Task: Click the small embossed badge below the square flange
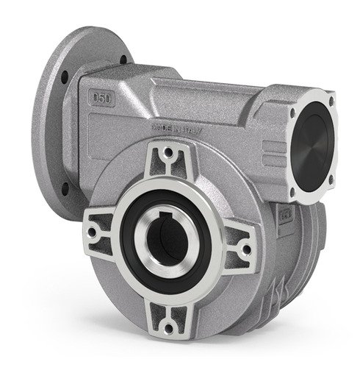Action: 284,216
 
